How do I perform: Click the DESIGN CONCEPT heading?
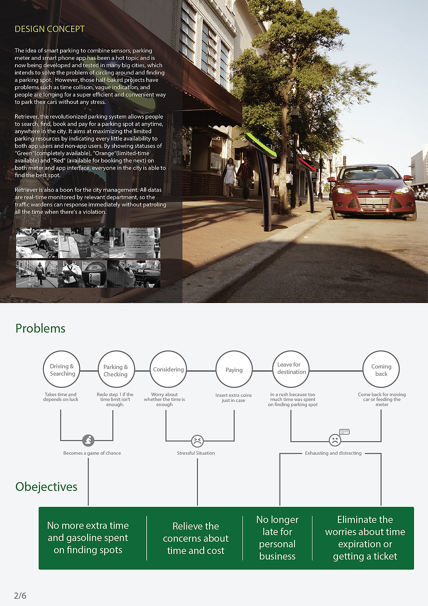pyautogui.click(x=50, y=29)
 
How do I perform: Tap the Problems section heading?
pyautogui.click(x=40, y=328)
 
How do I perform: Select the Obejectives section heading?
pyautogui.click(x=46, y=487)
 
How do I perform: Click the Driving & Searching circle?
pyautogui.click(x=62, y=369)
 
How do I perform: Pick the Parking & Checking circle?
pyautogui.click(x=116, y=370)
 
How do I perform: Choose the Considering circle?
pyautogui.click(x=168, y=369)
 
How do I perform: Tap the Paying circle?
pyautogui.click(x=234, y=369)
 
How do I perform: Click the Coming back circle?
pyautogui.click(x=381, y=369)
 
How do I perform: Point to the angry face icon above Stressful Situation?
pyautogui.click(x=197, y=441)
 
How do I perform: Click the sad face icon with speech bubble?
pyautogui.click(x=335, y=440)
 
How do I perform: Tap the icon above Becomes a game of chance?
pyautogui.click(x=88, y=440)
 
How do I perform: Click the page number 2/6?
pyautogui.click(x=20, y=596)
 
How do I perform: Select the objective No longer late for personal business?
pyautogui.click(x=277, y=538)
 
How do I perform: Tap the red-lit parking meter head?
pyautogui.click(x=307, y=164)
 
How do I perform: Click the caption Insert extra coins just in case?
pyautogui.click(x=234, y=398)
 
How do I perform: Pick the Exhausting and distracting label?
pyautogui.click(x=333, y=453)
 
